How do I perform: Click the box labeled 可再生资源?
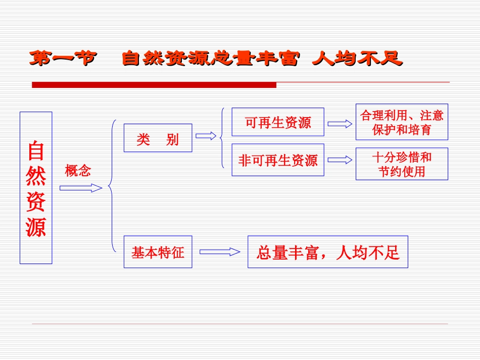pyautogui.click(x=278, y=122)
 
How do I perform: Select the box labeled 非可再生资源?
pyautogui.click(x=278, y=161)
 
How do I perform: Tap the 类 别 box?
pyautogui.click(x=158, y=138)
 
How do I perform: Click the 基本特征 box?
pyautogui.click(x=158, y=252)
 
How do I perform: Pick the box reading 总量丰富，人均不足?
pyautogui.click(x=327, y=252)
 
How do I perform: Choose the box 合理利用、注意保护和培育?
pyautogui.click(x=402, y=122)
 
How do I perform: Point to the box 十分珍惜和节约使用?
pyautogui.click(x=402, y=164)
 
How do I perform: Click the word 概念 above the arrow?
pyautogui.click(x=78, y=171)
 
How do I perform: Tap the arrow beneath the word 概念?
pyautogui.click(x=81, y=188)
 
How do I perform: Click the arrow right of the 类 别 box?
pyautogui.click(x=206, y=136)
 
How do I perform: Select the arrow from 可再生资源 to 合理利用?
pyautogui.click(x=340, y=124)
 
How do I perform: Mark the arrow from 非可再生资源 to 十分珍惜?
pyautogui.click(x=340, y=160)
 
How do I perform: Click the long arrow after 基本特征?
pyautogui.click(x=220, y=251)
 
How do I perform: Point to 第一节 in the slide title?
pyautogui.click(x=62, y=59)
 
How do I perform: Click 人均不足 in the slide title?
pyautogui.click(x=357, y=59)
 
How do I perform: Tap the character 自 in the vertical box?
pyautogui.click(x=36, y=150)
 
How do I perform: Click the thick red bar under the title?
pyautogui.click(x=154, y=85)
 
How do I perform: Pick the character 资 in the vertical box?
pyautogui.click(x=36, y=201)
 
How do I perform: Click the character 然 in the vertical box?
pyautogui.click(x=36, y=176)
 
